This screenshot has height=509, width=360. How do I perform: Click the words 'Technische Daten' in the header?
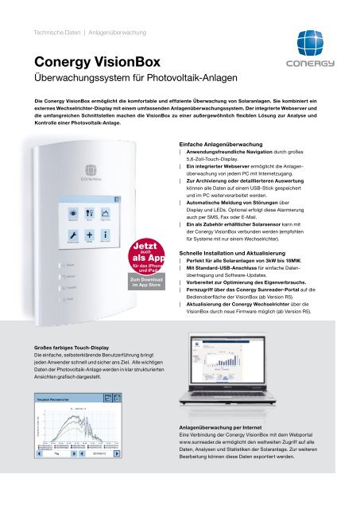(48, 32)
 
